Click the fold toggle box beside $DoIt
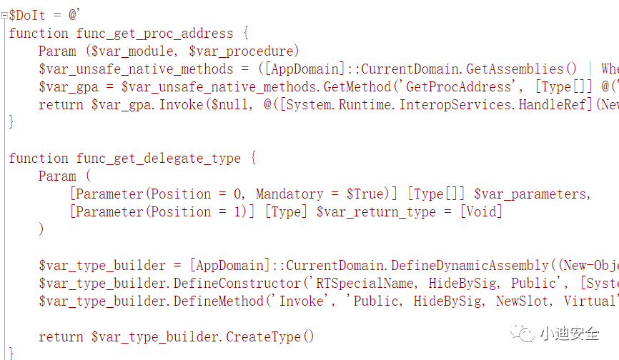pos(4,15)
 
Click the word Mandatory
pos(289,194)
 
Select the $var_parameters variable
pos(532,194)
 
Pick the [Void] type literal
pos(480,211)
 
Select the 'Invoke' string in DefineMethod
pos(300,301)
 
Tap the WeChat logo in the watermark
pos(525,333)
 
